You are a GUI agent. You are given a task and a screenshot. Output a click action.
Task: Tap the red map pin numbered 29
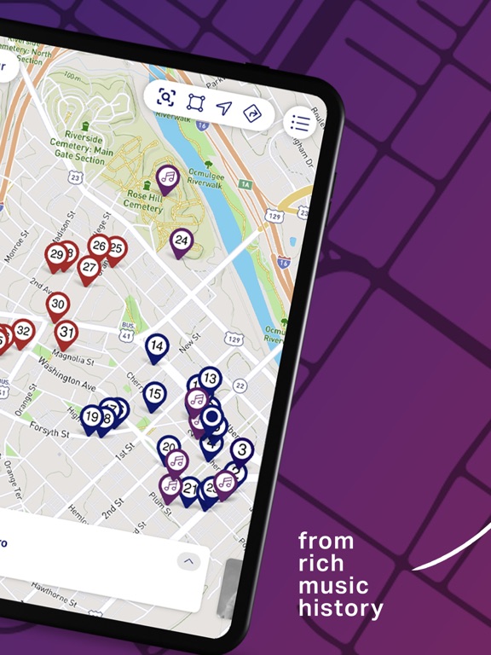pyautogui.click(x=57, y=254)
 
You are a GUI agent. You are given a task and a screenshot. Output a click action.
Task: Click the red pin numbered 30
pyautogui.click(x=58, y=304)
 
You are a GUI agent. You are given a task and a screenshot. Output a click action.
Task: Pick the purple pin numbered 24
pyautogui.click(x=181, y=241)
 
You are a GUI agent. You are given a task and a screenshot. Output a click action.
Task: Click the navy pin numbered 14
pyautogui.click(x=156, y=345)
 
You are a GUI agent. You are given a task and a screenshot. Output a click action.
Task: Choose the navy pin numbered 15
pyautogui.click(x=154, y=394)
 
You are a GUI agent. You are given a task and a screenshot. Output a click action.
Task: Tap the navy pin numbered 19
pyautogui.click(x=91, y=417)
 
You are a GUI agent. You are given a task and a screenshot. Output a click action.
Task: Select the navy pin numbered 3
pyautogui.click(x=243, y=449)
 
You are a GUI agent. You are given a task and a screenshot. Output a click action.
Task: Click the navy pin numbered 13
pyautogui.click(x=209, y=378)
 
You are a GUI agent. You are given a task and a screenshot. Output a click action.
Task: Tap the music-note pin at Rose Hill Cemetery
pyautogui.click(x=169, y=177)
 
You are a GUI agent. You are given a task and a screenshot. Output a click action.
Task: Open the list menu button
pyautogui.click(x=300, y=123)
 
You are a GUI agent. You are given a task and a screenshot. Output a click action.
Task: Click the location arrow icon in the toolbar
pyautogui.click(x=223, y=107)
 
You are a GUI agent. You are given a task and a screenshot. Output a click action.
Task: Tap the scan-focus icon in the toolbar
pyautogui.click(x=166, y=96)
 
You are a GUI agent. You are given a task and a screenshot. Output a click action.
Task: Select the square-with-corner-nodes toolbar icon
pyautogui.click(x=195, y=102)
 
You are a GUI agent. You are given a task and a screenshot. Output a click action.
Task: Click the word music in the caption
pyautogui.click(x=333, y=586)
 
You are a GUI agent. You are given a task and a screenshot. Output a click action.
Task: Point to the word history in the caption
pyautogui.click(x=340, y=609)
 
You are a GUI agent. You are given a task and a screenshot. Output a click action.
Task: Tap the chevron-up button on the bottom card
pyautogui.click(x=189, y=561)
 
